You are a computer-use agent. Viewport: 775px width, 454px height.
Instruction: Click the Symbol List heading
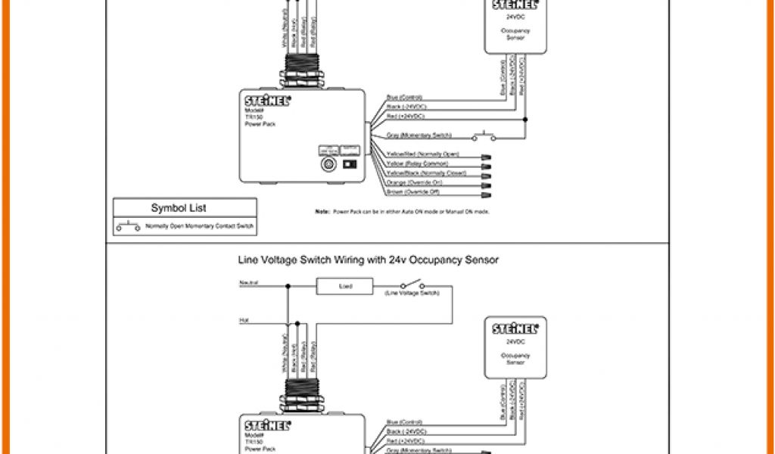[x=179, y=207]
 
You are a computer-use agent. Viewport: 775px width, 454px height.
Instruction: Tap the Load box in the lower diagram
[x=344, y=286]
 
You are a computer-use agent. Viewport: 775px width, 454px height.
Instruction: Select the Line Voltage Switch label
[x=407, y=293]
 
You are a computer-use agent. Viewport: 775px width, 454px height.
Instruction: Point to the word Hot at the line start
[x=244, y=321]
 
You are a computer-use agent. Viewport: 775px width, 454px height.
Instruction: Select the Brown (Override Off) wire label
[x=414, y=192]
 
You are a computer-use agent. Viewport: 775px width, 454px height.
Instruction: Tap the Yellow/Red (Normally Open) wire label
[x=422, y=154]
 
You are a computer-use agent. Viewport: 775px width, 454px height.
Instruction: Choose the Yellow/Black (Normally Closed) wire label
[x=425, y=173]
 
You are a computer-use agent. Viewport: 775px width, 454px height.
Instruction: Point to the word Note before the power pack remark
[x=322, y=212]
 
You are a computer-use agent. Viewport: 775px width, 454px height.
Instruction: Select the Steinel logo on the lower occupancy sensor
[x=514, y=329]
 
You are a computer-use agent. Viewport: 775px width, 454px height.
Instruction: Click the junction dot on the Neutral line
[x=288, y=286]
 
